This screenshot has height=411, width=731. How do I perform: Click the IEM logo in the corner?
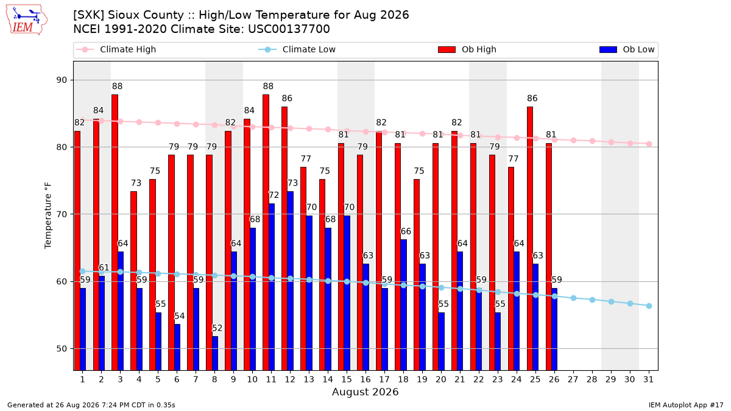click(x=27, y=19)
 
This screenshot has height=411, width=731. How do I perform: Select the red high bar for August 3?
click(x=115, y=232)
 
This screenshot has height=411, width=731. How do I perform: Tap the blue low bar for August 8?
click(x=215, y=353)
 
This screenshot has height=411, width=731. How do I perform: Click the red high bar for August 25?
click(x=530, y=239)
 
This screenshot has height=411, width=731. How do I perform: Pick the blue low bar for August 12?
click(x=291, y=281)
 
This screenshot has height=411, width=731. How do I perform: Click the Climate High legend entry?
click(x=116, y=49)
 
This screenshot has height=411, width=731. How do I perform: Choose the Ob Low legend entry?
click(x=627, y=49)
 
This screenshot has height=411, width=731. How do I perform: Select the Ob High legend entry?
click(x=467, y=49)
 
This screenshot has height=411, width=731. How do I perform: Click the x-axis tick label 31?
click(x=648, y=379)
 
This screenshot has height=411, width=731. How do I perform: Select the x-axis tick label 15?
click(x=347, y=379)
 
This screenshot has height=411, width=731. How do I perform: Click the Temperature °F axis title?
click(x=48, y=216)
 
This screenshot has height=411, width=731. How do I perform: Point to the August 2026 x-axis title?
click(x=365, y=392)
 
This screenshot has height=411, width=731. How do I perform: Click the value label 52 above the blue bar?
click(x=217, y=328)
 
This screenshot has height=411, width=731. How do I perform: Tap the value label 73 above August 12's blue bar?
click(x=292, y=183)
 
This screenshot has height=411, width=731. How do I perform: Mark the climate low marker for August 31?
click(x=649, y=306)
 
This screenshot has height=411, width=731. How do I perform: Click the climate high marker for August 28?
click(x=592, y=141)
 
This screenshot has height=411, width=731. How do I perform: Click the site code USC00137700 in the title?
click(x=289, y=29)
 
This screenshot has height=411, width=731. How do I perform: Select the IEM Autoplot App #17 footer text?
click(x=686, y=405)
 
